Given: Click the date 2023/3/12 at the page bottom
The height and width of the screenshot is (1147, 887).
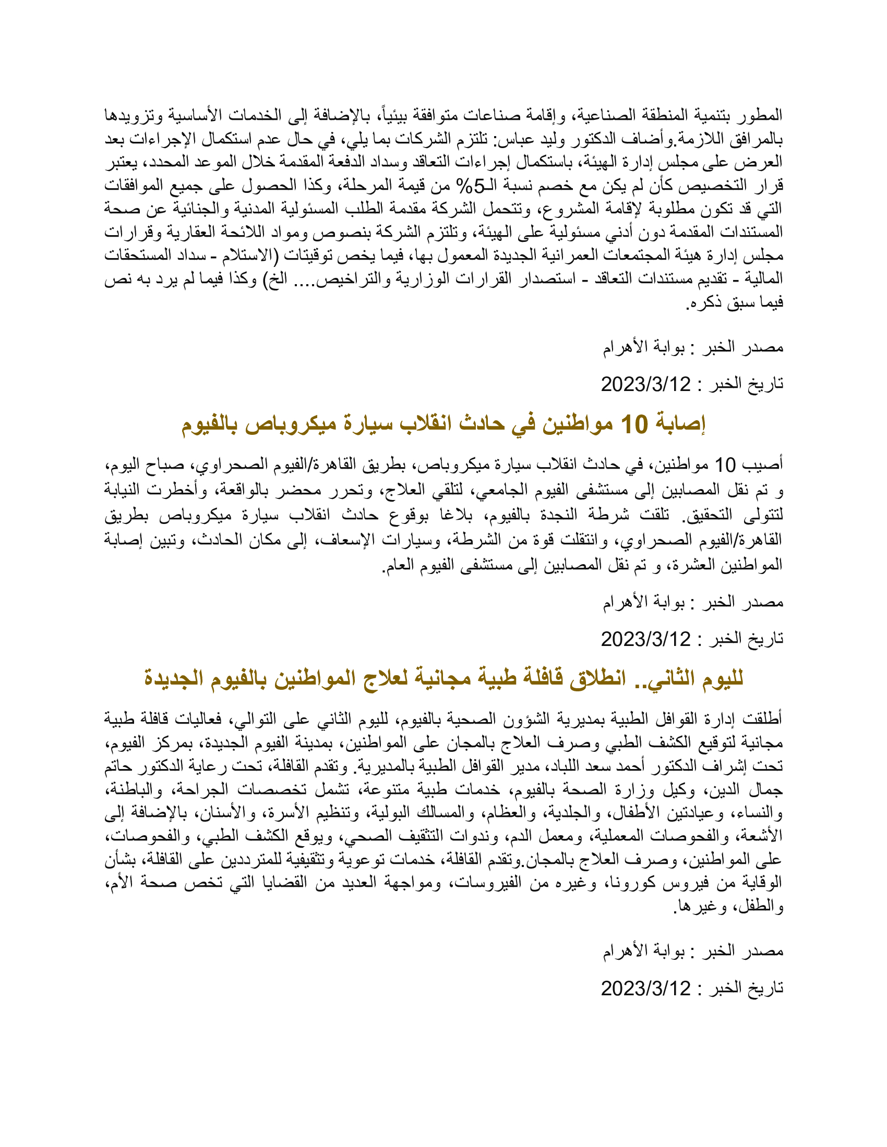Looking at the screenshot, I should [x=645, y=988].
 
